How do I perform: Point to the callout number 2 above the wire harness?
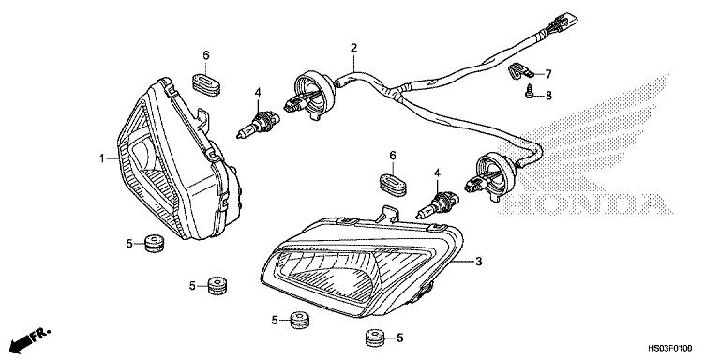(x=353, y=48)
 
